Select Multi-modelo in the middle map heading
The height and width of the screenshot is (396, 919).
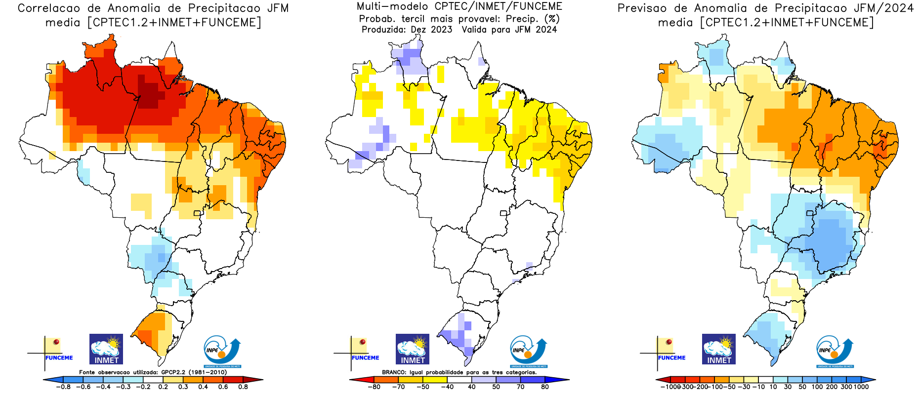tap(392, 6)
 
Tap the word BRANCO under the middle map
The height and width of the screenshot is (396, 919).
tap(394, 372)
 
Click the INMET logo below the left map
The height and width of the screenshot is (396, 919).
tap(106, 349)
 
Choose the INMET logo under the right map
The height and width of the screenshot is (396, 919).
tap(719, 349)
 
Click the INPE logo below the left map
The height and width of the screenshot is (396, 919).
tap(222, 351)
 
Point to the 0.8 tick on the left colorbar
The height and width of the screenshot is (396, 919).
tap(243, 387)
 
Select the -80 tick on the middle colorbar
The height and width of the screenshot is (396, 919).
tap(374, 387)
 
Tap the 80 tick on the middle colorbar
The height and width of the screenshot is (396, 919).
tap(545, 387)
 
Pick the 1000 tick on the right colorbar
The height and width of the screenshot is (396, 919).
tap(861, 387)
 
